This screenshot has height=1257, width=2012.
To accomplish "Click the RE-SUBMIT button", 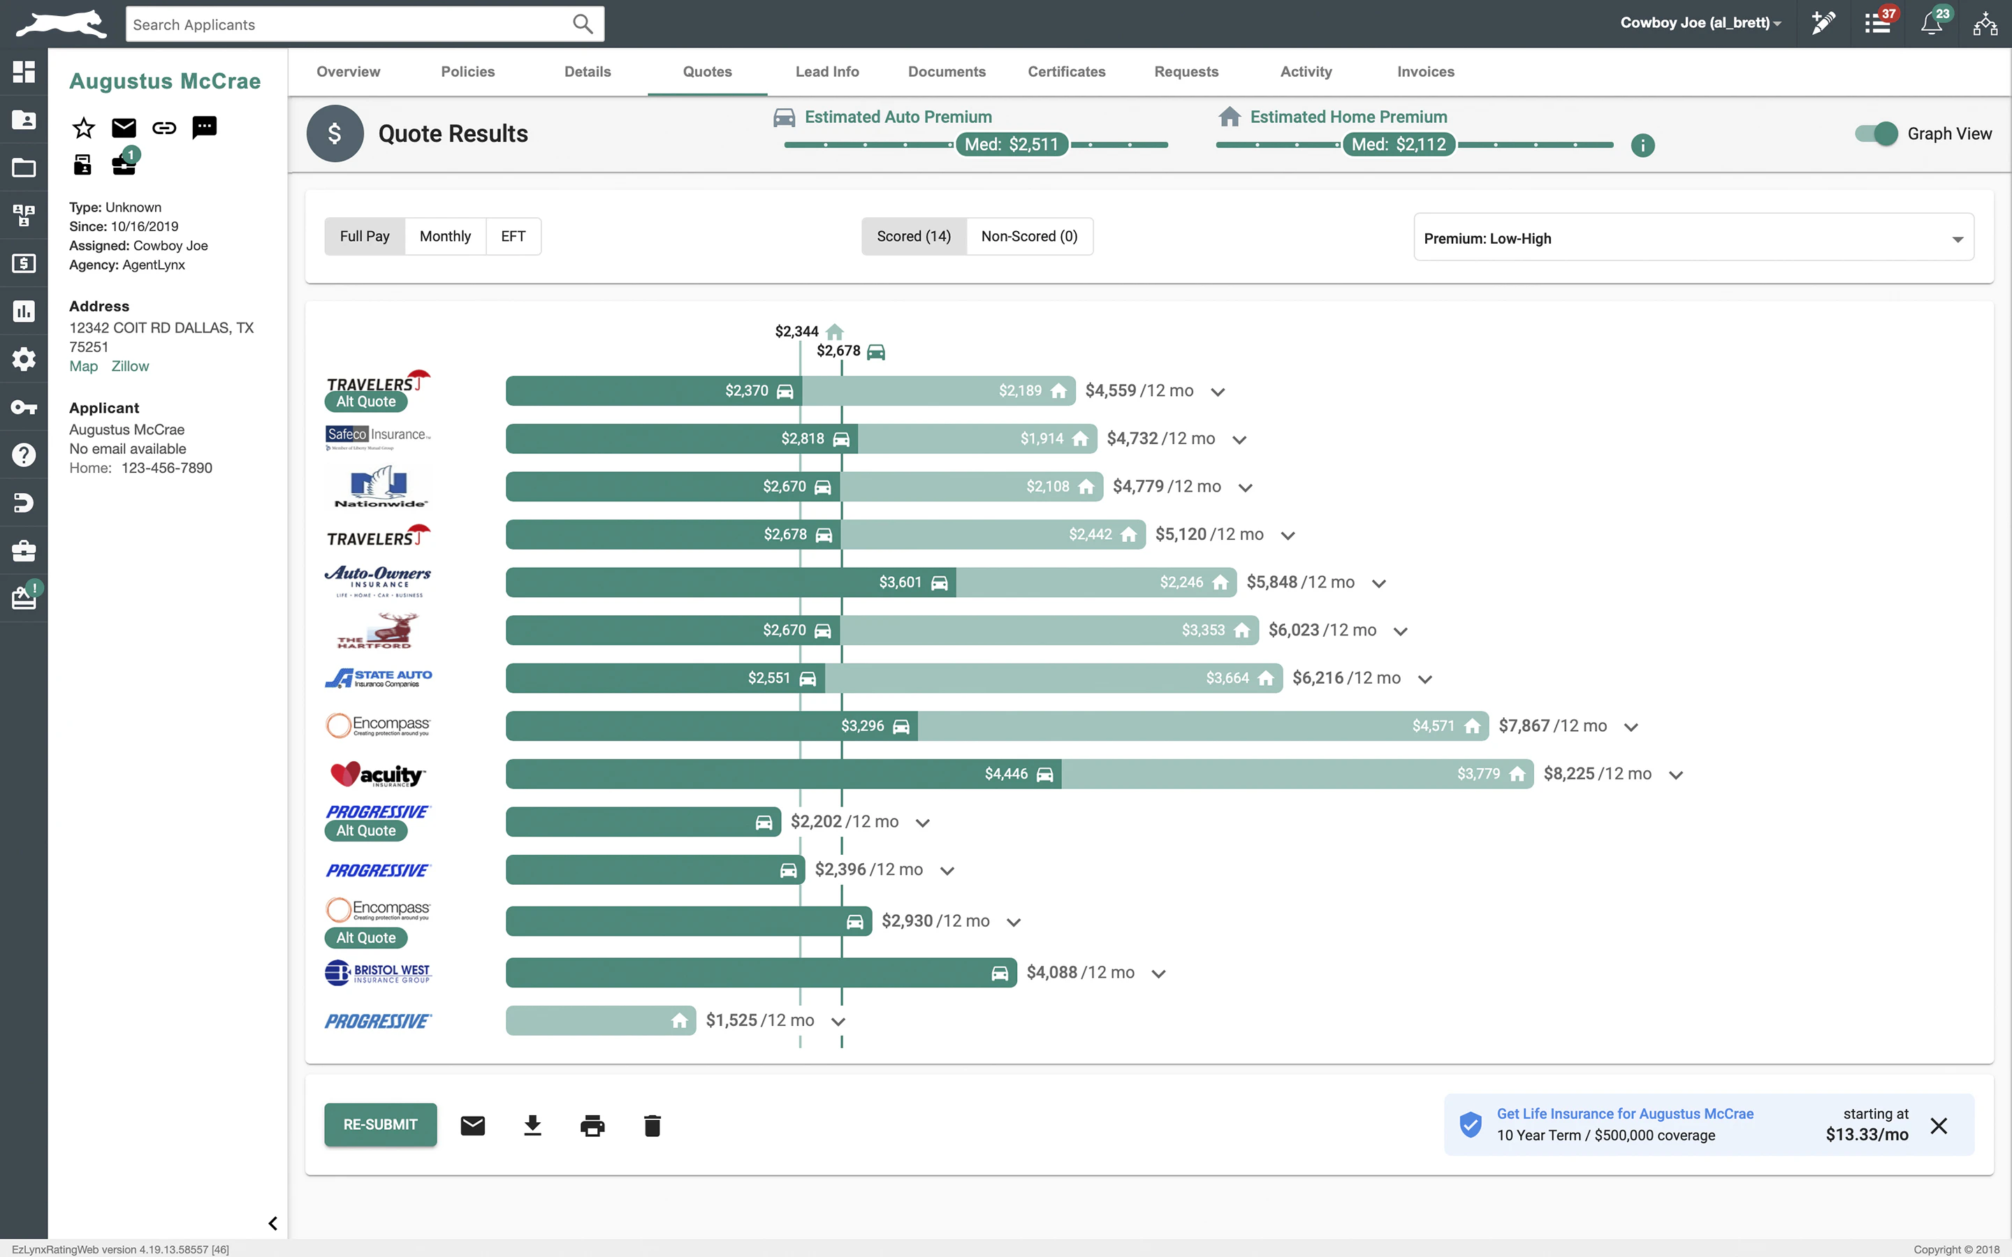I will (380, 1124).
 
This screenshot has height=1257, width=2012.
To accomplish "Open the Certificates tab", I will (1066, 71).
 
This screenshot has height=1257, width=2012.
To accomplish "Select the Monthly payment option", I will (445, 236).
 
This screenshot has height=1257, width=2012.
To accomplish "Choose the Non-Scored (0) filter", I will (1028, 236).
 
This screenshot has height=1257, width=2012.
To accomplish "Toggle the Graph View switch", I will (1876, 134).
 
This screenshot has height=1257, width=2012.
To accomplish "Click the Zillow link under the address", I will (130, 367).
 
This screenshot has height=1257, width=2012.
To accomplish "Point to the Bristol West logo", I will (377, 973).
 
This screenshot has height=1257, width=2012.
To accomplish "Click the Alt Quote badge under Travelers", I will (366, 402).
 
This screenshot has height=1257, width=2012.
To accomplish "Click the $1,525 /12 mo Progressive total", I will (759, 1020).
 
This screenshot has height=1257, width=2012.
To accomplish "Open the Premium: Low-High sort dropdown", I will (1693, 239).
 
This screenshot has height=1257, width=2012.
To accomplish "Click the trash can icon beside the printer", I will (652, 1126).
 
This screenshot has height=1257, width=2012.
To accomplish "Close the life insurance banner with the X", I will (1939, 1126).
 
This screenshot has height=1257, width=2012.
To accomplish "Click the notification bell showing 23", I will (1932, 23).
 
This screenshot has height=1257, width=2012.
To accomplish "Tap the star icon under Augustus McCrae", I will (83, 127).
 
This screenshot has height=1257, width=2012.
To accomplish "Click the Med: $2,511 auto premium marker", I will (1011, 145).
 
